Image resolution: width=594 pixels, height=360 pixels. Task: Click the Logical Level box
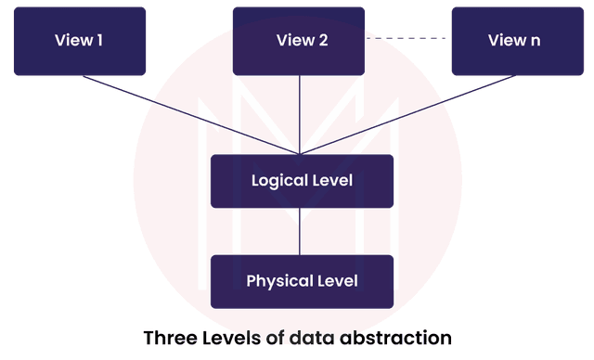click(x=302, y=181)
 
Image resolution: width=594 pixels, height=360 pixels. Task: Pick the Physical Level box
click(x=302, y=280)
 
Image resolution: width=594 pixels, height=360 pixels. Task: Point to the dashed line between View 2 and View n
click(x=408, y=39)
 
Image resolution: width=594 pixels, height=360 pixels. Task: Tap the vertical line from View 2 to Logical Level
click(x=302, y=111)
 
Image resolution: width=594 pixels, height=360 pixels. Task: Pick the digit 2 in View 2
click(x=323, y=41)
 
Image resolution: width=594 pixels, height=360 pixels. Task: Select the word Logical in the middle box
click(x=278, y=181)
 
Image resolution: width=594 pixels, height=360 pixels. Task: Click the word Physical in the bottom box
click(x=278, y=280)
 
